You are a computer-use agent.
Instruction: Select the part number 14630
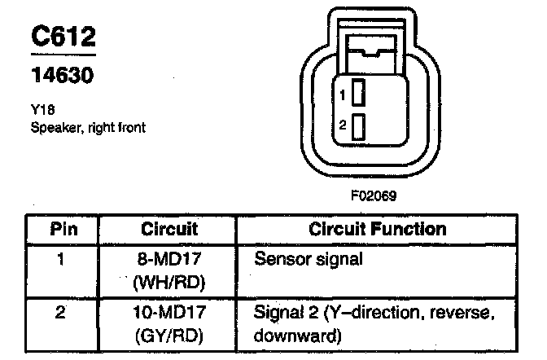click(62, 77)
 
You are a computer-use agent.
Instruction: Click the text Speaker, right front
click(88, 128)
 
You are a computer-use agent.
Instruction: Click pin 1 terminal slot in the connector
click(357, 95)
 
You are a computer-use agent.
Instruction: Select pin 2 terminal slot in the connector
click(357, 126)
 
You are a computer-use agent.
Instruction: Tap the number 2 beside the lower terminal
click(343, 126)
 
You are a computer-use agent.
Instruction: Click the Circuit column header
click(169, 228)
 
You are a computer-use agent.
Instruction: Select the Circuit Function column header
click(378, 228)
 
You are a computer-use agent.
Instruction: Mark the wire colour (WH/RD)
click(169, 283)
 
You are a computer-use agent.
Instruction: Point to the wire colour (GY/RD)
click(169, 335)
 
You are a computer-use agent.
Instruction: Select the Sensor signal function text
click(308, 261)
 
